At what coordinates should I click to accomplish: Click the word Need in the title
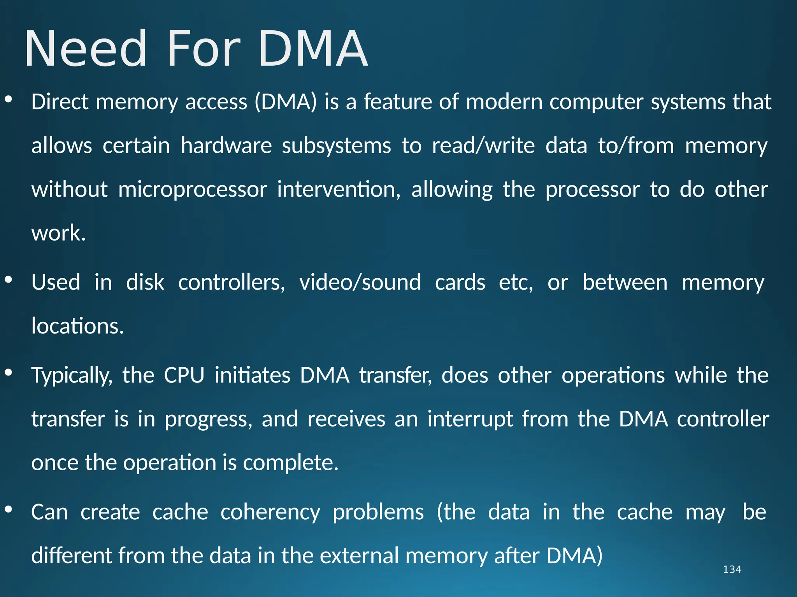(86, 49)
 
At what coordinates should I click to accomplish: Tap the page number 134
(732, 569)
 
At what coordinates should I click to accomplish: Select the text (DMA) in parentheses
(286, 102)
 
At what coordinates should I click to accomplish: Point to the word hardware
(226, 146)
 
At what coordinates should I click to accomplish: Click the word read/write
(483, 146)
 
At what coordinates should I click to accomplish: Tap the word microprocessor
(192, 190)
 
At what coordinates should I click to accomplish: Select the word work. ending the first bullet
(58, 233)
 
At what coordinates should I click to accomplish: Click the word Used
(56, 282)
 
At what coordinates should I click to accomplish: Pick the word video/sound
(360, 282)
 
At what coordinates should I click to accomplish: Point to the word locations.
(77, 326)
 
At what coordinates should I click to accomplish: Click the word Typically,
(72, 375)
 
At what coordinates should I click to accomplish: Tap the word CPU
(184, 375)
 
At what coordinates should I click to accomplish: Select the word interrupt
(470, 419)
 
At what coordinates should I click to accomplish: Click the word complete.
(290, 463)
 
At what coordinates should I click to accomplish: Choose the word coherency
(270, 512)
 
